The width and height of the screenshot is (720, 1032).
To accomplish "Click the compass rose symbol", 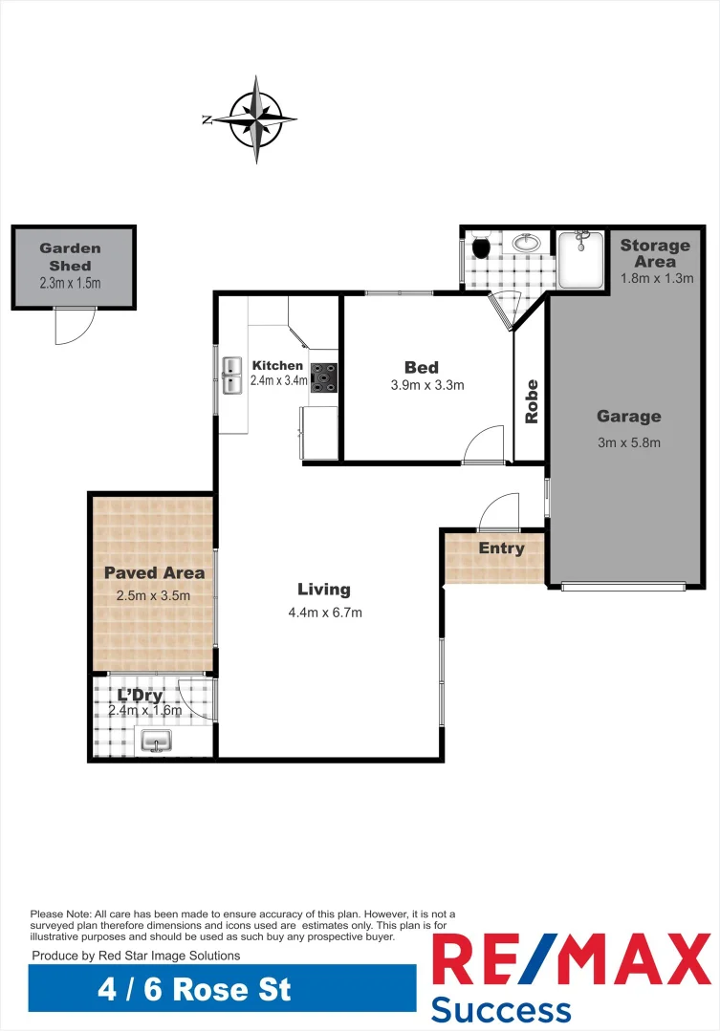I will tap(255, 119).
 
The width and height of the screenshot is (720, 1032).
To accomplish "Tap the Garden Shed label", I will tap(70, 257).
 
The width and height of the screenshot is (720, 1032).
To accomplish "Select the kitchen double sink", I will tap(231, 376).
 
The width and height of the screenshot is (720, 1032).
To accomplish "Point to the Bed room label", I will tap(422, 367).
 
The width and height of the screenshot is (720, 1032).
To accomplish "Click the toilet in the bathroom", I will tap(481, 248).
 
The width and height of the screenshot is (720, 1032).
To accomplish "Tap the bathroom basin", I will tap(526, 244).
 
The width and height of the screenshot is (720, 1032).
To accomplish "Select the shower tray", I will tap(580, 258).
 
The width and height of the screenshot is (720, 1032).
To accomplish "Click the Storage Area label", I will tap(655, 253).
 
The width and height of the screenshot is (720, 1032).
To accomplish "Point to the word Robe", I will tap(532, 401).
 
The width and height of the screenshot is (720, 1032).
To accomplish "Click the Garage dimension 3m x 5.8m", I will tap(628, 442).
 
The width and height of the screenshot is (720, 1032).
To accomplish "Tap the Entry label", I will tap(501, 548).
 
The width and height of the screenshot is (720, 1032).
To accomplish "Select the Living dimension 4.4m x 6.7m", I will tap(325, 613).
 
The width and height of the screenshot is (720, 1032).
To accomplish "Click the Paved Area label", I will tap(154, 573).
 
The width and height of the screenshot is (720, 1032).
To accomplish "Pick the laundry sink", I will tap(156, 741).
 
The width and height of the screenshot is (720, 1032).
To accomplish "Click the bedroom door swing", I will tap(485, 444).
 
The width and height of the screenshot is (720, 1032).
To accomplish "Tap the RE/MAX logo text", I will tap(572, 960).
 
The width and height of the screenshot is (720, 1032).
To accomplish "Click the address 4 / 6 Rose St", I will tap(194, 988).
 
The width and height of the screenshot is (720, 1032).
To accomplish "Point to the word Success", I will tap(501, 1009).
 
